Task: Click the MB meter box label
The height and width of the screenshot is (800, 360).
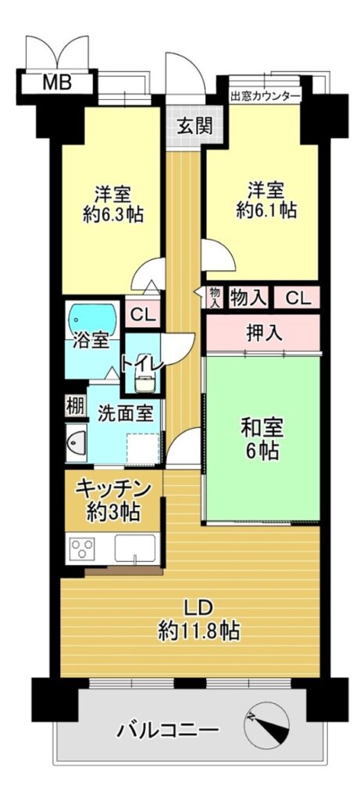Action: pos(56,83)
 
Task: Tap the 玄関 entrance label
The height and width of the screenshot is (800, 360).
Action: pos(194,126)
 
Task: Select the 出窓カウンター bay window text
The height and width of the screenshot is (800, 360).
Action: pos(265,95)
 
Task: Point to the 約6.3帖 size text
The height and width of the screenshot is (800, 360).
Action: pos(113,215)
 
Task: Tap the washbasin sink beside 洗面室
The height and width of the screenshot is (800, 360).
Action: pos(77,442)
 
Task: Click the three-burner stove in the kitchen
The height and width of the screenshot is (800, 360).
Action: pos(82,548)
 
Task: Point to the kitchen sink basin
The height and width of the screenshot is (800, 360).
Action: pos(134,548)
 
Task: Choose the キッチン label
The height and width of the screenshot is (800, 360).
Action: pos(113,488)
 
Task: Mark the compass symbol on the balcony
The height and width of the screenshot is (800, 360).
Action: pos(266,726)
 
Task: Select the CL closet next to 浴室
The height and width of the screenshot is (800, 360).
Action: pos(142,314)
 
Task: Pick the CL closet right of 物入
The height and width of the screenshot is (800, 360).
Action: pos(297,298)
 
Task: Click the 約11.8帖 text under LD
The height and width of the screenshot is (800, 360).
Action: pos(198,631)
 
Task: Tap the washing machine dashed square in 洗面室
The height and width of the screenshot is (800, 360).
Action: pos(143,449)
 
